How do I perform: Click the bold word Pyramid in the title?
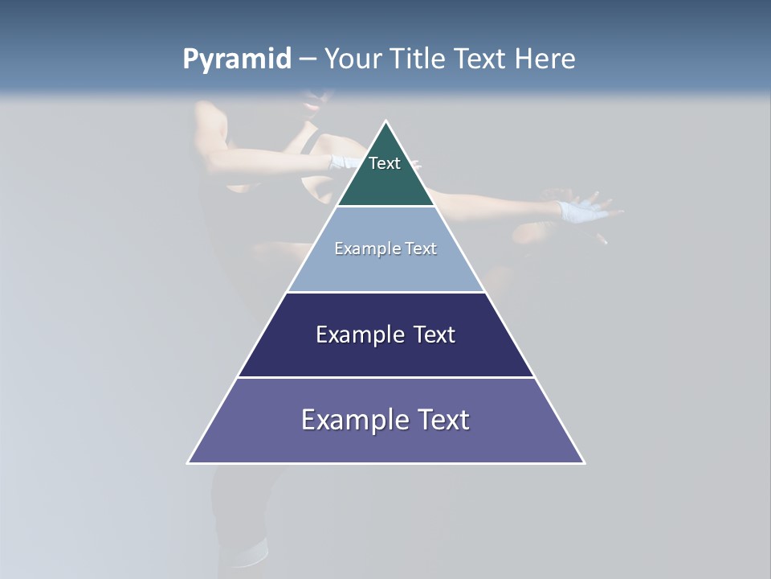tap(237, 60)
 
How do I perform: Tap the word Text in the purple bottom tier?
tap(443, 420)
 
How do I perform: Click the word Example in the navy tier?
tap(358, 335)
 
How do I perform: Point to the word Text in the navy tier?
tap(434, 335)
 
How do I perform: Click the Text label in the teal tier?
tap(385, 163)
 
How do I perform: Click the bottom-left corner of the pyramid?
tap(188, 462)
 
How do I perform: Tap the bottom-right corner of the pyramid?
tap(584, 462)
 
